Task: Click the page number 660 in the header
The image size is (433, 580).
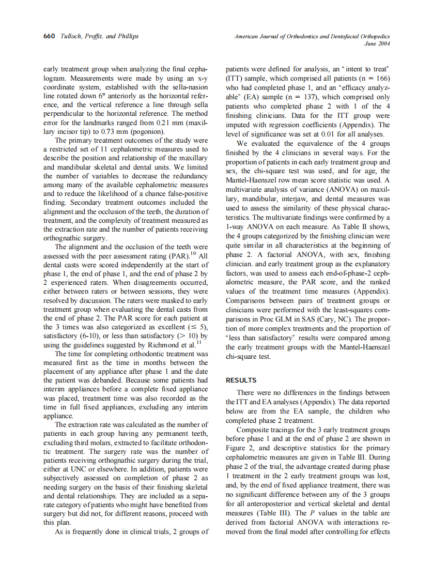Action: point(49,36)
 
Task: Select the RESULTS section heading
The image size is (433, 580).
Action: point(241,380)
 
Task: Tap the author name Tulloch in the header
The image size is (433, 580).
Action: point(73,36)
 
